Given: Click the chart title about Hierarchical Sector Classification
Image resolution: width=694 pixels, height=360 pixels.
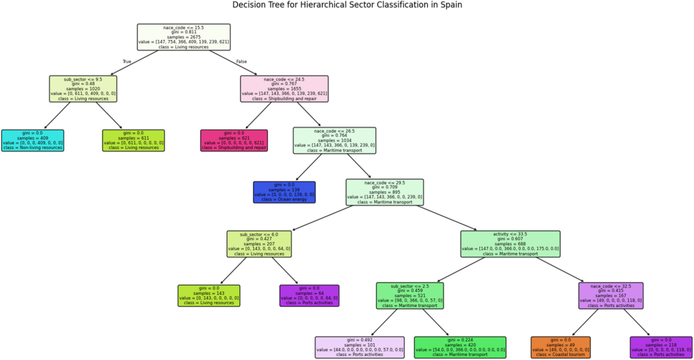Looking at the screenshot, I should [x=347, y=5].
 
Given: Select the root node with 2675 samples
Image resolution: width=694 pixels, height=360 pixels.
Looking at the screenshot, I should [x=184, y=37].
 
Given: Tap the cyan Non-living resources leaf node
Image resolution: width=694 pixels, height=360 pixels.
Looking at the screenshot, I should [x=33, y=140].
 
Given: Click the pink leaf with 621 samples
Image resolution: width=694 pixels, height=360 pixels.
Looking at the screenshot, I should [x=234, y=140].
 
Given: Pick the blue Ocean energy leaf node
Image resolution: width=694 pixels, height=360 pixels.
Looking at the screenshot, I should [x=284, y=192].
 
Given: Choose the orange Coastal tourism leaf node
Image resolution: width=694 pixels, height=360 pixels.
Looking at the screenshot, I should [x=560, y=347].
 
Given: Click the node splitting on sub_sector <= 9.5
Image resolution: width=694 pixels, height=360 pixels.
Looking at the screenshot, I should [x=83, y=89].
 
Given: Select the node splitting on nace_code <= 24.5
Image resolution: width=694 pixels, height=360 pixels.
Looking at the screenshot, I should [x=284, y=89].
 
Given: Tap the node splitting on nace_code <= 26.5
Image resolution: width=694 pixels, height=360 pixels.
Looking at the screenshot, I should [x=334, y=140].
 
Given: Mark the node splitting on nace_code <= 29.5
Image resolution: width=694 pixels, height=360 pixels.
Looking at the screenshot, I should [x=384, y=192].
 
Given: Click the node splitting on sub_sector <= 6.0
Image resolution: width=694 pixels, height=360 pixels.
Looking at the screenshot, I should [x=259, y=243].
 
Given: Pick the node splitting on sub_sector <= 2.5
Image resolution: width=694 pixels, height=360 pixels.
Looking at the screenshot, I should [x=409, y=296].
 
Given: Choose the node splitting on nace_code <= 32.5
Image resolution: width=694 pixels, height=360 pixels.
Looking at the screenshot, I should [x=611, y=296].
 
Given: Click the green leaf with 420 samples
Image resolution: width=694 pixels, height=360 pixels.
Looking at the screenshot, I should [x=460, y=347].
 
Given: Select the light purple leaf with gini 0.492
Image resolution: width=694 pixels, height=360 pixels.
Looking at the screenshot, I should [x=359, y=347].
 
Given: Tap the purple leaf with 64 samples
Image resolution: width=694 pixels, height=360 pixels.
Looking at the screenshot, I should [x=309, y=296].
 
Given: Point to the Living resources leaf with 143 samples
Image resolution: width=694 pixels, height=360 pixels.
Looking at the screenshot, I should [x=209, y=296].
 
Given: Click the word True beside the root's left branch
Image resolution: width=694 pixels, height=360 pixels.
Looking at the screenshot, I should [x=126, y=62].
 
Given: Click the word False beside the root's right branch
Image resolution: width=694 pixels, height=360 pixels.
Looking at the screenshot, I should [x=241, y=62].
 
